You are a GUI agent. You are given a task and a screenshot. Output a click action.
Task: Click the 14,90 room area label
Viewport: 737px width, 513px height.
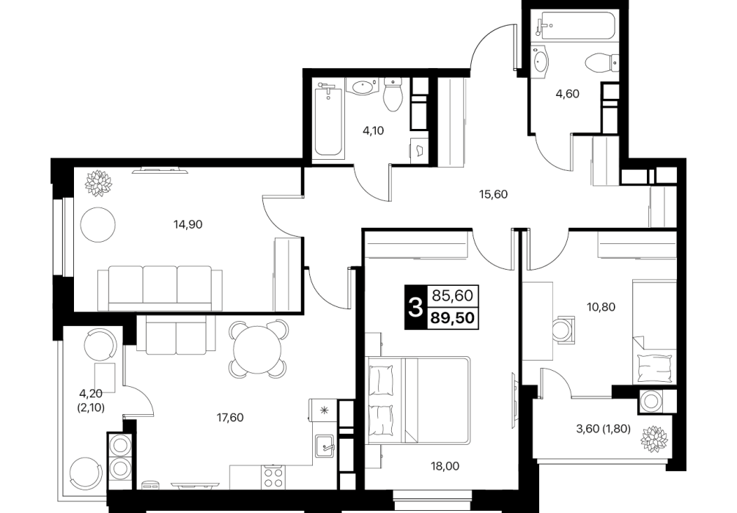tap(188, 225)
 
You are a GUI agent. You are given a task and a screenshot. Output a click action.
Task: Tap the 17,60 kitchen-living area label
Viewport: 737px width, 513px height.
tap(230, 418)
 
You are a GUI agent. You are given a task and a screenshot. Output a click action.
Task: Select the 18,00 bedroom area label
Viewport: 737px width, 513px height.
tap(445, 466)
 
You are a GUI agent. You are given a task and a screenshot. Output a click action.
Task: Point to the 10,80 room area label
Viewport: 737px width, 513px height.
tap(601, 307)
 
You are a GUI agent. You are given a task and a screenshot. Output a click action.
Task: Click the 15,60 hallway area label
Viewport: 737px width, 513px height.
tap(494, 194)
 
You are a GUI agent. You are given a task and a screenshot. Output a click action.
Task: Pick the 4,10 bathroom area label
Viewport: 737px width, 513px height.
tap(373, 130)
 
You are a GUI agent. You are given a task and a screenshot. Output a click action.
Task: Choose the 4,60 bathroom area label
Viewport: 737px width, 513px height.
tap(567, 94)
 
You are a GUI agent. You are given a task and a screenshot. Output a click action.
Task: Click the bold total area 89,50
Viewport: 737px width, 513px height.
tap(453, 319)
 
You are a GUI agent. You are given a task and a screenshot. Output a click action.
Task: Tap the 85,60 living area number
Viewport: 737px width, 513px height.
tap(453, 296)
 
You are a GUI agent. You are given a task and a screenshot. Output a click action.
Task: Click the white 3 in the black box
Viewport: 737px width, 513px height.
tap(415, 308)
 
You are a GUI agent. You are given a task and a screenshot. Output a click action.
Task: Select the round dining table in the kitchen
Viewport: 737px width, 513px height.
tap(257, 349)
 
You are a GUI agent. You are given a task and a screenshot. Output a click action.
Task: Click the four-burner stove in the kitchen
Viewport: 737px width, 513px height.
tap(273, 477)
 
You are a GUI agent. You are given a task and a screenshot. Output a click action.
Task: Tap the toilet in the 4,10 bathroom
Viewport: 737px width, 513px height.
tap(393, 94)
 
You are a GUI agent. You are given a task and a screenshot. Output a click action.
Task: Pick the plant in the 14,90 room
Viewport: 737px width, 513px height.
tap(99, 182)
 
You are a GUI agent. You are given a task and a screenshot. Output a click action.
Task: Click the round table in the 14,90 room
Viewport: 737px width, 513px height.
tap(97, 224)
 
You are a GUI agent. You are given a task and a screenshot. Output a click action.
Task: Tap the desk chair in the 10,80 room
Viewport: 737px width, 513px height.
tap(563, 330)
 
